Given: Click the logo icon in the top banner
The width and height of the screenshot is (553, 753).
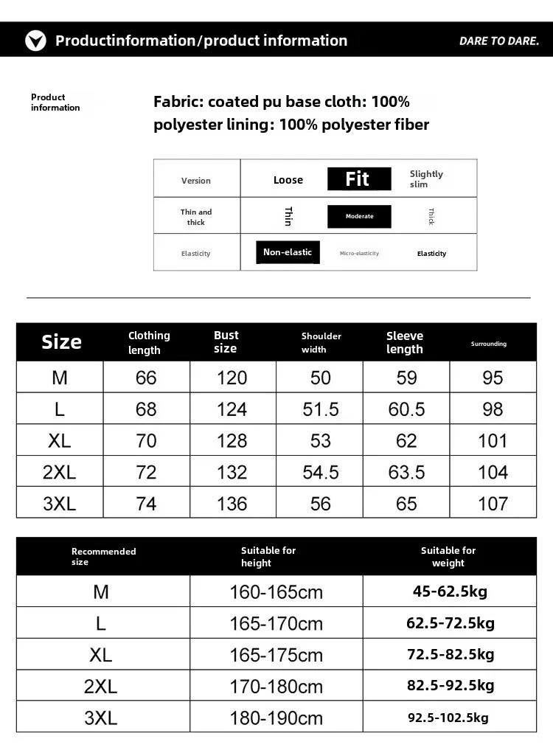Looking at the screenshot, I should [x=35, y=41].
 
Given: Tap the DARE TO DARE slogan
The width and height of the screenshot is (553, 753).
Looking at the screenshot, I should [x=499, y=41].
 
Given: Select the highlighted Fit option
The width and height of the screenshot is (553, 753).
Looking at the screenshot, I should [x=358, y=179].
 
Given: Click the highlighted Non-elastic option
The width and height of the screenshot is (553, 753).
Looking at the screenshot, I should [x=288, y=252].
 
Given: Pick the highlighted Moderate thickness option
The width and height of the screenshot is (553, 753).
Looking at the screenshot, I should [x=359, y=216].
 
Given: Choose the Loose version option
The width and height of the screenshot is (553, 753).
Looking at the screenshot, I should [x=288, y=180].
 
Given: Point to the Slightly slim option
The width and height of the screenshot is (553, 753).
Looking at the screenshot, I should [x=426, y=179].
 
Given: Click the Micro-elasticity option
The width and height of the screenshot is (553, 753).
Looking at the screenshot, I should [x=359, y=253].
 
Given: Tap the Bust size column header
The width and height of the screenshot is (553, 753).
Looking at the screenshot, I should [x=226, y=342].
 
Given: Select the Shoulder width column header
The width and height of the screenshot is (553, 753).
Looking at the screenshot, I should [x=321, y=342].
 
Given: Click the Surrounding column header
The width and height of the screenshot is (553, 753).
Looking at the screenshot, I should [x=489, y=344].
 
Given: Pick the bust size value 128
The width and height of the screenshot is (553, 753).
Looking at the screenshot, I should [x=232, y=441].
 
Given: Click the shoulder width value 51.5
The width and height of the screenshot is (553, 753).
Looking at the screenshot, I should [x=321, y=409].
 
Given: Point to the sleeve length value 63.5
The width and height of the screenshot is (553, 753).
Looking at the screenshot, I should [x=406, y=472].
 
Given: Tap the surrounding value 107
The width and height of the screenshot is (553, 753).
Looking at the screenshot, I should [x=493, y=504].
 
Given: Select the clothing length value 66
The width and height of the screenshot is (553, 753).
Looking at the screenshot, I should [x=146, y=378].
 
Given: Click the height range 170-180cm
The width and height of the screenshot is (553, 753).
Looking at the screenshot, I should [x=276, y=687].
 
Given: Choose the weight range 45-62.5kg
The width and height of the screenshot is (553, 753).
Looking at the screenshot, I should [x=450, y=591].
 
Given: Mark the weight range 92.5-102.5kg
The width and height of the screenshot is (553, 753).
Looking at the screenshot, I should [x=448, y=718].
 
